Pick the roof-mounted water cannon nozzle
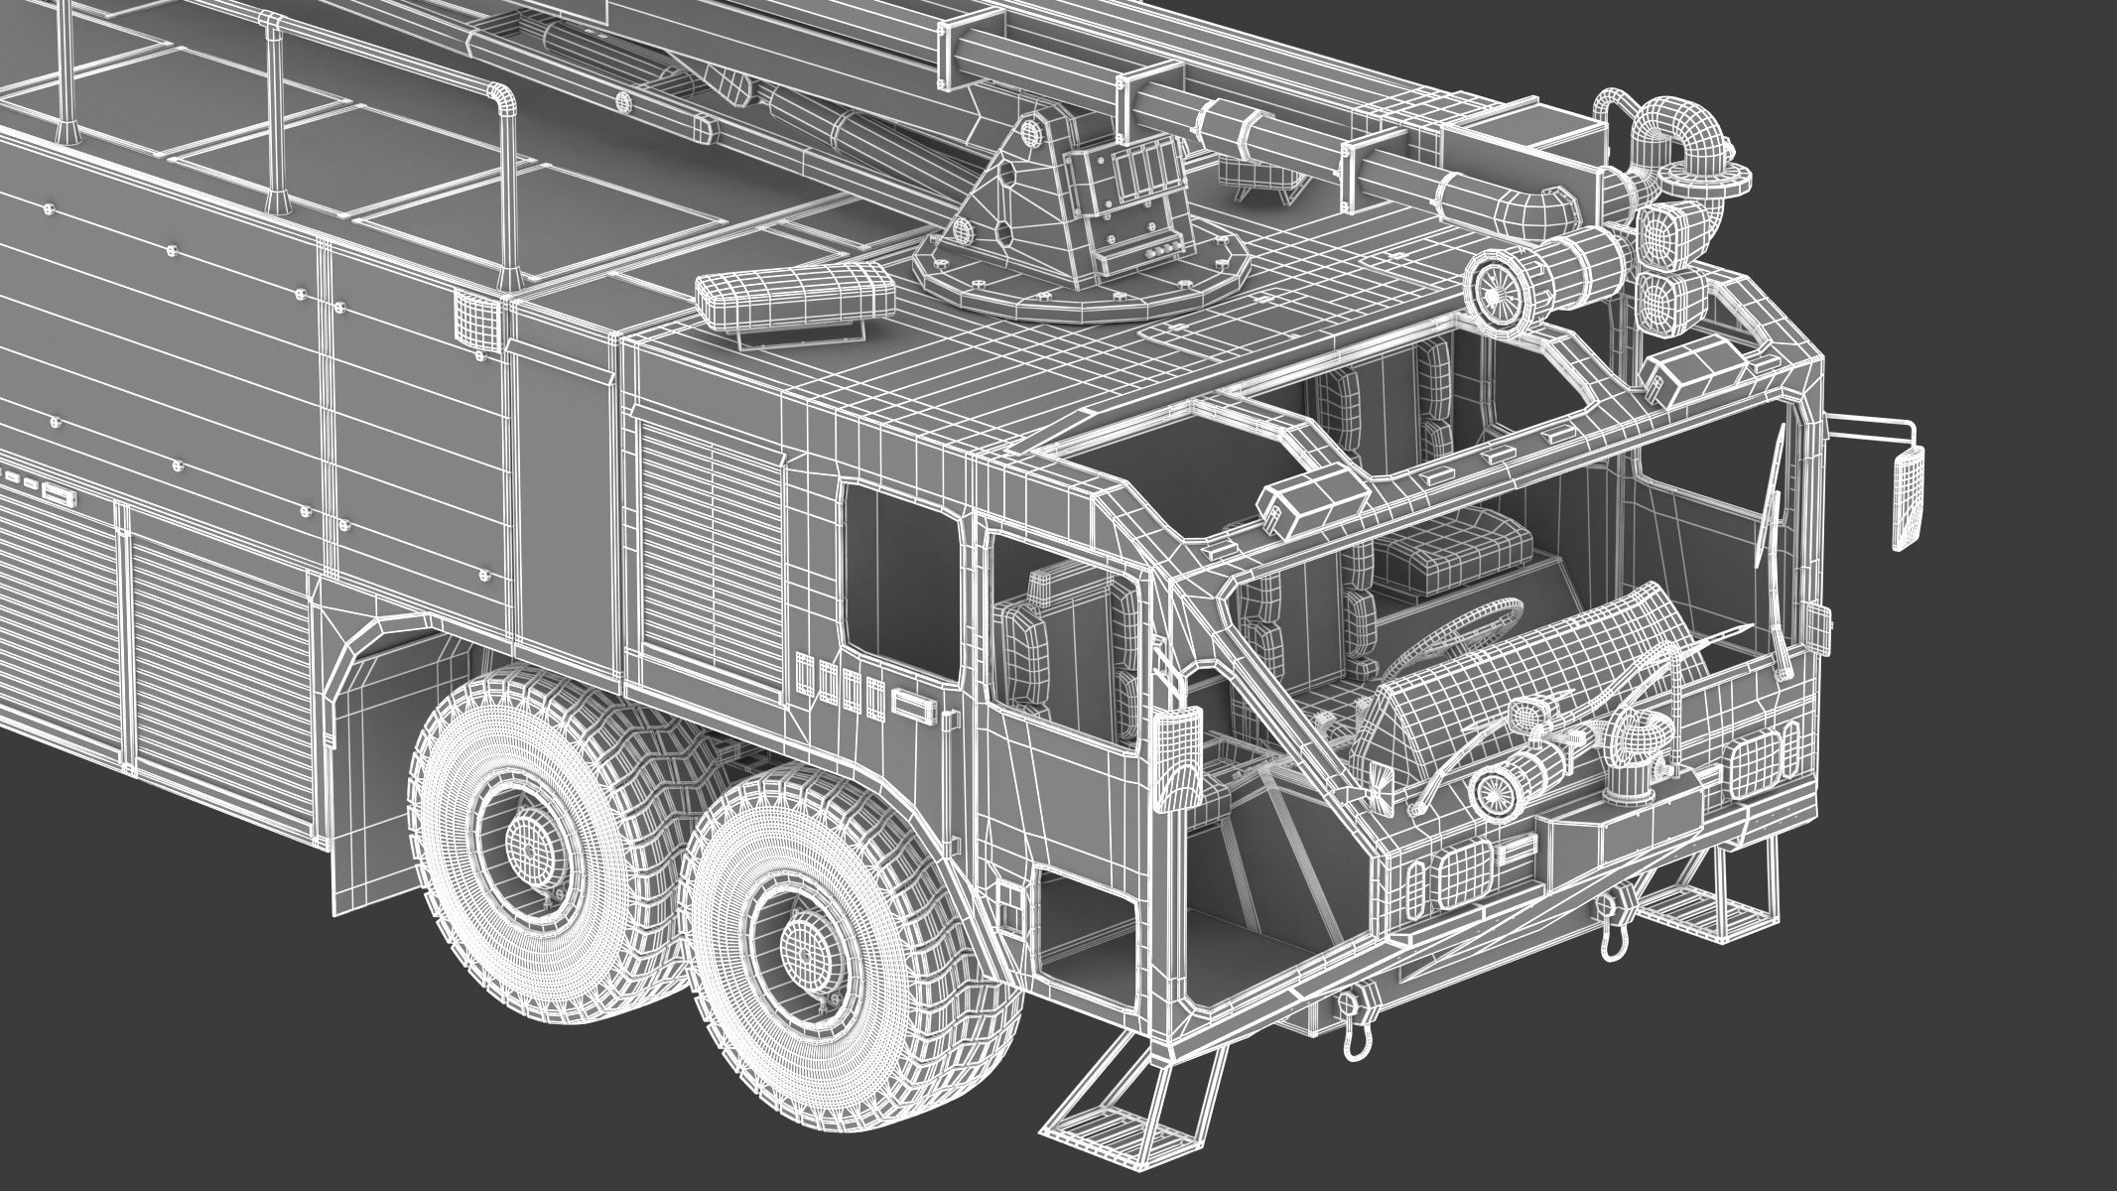(1499, 286)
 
